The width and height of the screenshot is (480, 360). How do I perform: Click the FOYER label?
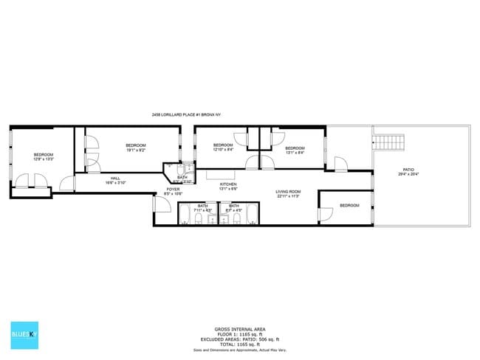click(173, 190)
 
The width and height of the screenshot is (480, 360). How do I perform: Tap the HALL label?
click(115, 178)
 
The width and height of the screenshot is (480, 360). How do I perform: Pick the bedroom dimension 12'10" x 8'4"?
click(223, 150)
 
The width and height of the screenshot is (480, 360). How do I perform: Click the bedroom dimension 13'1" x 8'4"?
click(295, 153)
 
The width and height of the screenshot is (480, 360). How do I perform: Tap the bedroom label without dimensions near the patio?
click(349, 205)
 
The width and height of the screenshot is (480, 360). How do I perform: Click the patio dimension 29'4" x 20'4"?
click(408, 175)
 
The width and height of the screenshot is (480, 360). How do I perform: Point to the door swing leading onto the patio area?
click(340, 164)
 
